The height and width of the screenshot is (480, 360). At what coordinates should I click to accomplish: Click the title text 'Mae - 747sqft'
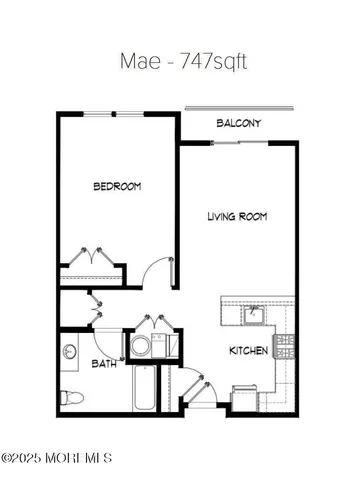180,61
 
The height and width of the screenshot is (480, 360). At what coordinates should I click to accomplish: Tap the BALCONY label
239,124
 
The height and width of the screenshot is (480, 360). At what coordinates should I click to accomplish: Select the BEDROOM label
116,186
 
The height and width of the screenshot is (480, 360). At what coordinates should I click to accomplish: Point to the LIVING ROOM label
237,216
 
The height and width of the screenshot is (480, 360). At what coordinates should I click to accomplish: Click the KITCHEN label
247,351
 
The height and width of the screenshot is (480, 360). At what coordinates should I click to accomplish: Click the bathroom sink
70,352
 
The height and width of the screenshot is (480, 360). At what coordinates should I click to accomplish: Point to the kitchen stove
285,347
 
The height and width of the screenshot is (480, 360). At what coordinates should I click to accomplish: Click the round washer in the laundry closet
142,347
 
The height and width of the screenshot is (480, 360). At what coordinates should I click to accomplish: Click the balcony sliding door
239,142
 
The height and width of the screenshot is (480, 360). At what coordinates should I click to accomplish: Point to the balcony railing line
241,108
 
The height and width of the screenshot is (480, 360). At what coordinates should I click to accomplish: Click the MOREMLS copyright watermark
57,458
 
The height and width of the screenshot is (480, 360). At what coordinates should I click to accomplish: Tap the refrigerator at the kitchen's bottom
246,398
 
